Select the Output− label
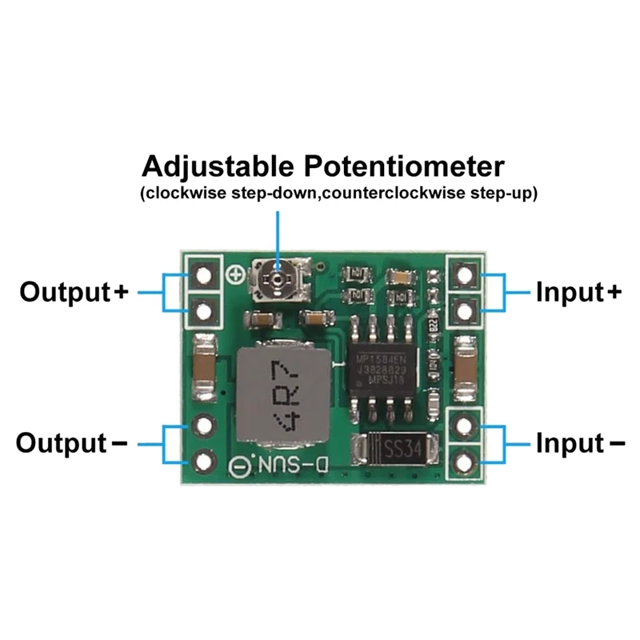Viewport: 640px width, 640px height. [72, 442]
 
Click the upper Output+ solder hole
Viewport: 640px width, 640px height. [205, 275]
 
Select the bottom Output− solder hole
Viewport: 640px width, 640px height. [205, 459]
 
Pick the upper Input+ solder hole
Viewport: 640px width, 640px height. [464, 275]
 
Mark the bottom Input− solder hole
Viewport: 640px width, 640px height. [464, 459]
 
